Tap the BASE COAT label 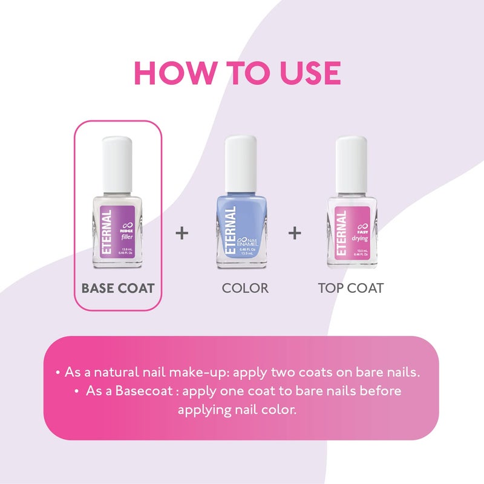click(x=118, y=288)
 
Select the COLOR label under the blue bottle click(x=244, y=288)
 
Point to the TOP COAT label click(x=350, y=288)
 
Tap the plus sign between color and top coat click(x=295, y=233)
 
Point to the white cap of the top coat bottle click(x=352, y=163)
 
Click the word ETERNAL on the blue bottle click(x=231, y=232)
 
